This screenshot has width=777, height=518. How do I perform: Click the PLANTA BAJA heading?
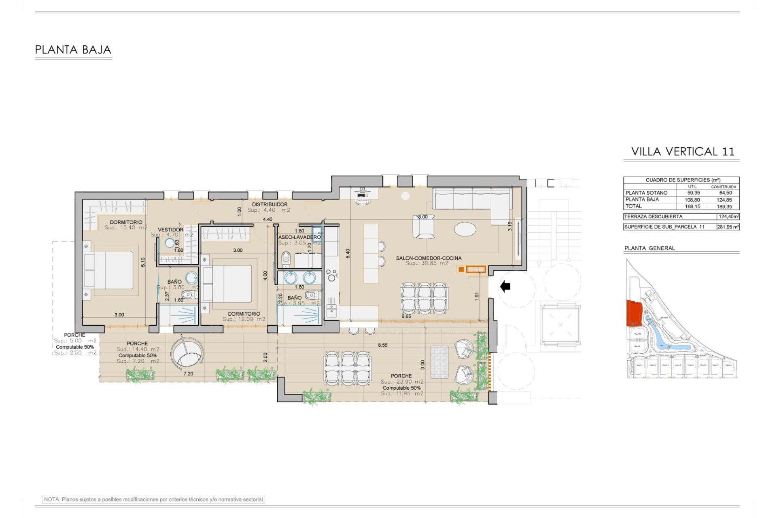73,50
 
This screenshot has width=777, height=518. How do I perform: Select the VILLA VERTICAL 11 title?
682,151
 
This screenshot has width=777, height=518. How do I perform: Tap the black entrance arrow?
505,287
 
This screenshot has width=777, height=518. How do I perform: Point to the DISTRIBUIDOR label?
270,204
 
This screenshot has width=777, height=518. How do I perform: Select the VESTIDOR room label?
170,229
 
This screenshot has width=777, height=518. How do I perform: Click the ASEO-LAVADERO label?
299,237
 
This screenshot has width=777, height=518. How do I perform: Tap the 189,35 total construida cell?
724,206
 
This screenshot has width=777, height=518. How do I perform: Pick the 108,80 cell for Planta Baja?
692,200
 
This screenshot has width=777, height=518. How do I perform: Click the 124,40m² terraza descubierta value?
728,217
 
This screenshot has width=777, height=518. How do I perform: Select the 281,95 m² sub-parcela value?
728,227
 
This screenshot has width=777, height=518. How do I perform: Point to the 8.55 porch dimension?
382,345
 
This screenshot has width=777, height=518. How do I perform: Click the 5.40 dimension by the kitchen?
348,253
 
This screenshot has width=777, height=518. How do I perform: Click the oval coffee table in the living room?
465,229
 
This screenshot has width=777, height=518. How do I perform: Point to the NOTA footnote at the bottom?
154,499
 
